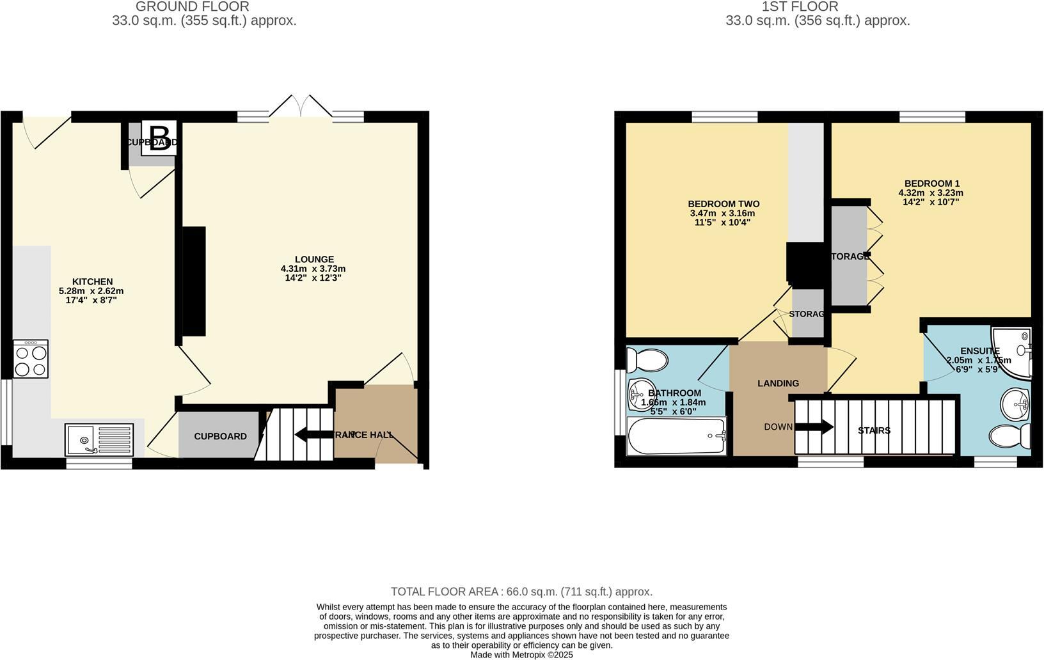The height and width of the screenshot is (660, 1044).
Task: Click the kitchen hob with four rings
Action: click(x=31, y=359)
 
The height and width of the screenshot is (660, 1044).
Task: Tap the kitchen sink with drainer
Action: click(x=99, y=439)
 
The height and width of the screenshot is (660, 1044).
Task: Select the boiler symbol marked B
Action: click(x=158, y=138)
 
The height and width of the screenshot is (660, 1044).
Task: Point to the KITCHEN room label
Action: click(x=92, y=281)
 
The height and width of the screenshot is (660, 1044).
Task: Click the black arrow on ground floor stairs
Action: click(x=308, y=436)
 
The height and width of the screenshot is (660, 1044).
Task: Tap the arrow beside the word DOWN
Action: click(x=814, y=427)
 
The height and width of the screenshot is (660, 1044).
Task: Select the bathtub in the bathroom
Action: click(x=677, y=436)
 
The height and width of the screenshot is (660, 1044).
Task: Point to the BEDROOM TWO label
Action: click(x=724, y=204)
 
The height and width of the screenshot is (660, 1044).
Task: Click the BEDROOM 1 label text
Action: click(x=931, y=183)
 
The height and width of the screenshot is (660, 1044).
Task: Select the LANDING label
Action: click(x=778, y=383)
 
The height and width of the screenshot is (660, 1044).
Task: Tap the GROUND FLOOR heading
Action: click(x=193, y=7)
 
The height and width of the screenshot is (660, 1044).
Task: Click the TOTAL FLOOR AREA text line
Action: click(x=521, y=592)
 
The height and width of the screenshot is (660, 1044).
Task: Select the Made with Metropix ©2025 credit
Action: click(x=521, y=655)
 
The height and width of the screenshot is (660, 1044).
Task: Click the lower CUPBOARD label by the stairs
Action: click(x=220, y=436)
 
